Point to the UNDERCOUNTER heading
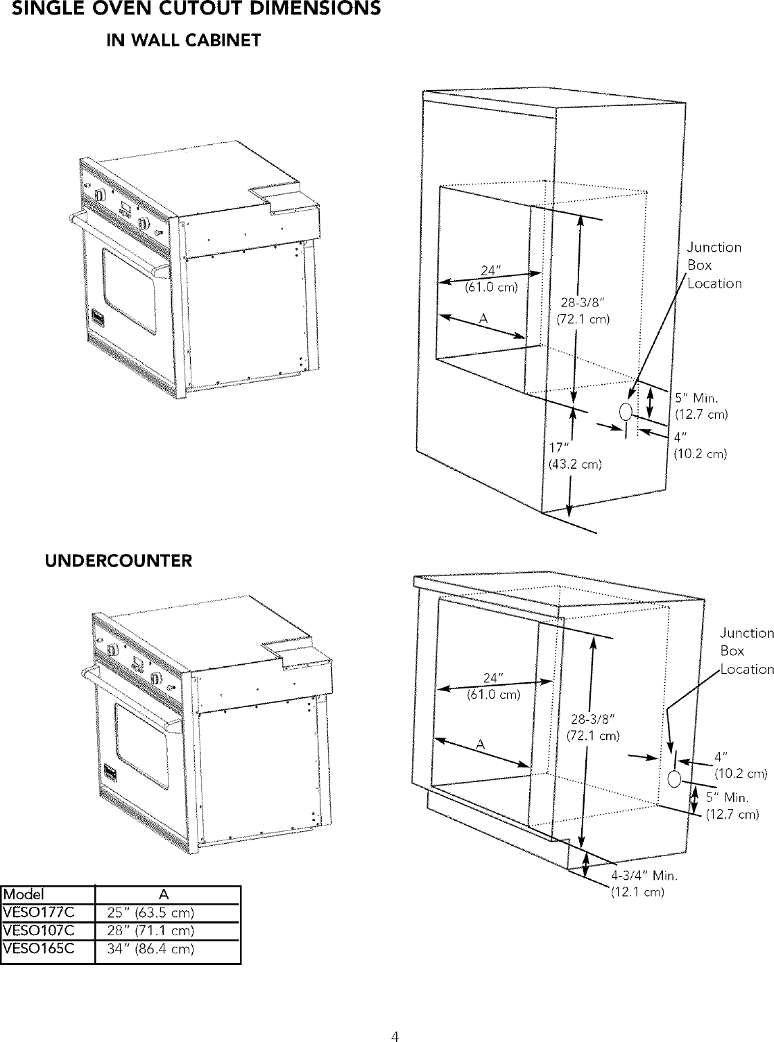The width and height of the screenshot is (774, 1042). pos(118,560)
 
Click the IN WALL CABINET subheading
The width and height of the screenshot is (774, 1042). pos(182,41)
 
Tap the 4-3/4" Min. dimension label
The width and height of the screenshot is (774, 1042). pos(643,875)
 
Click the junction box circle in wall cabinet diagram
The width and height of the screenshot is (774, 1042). pos(626,412)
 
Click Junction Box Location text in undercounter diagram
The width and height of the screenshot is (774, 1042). pos(746,651)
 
